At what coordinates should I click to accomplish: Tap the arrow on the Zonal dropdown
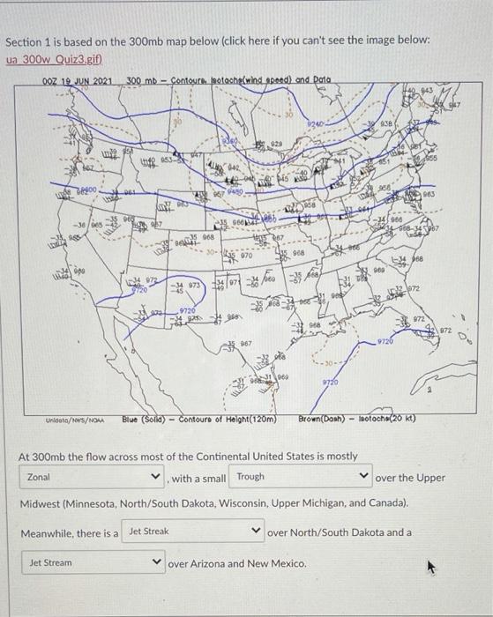click(x=157, y=478)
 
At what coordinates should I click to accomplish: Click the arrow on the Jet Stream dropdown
click(x=157, y=561)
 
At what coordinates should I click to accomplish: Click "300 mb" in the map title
click(x=141, y=82)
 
